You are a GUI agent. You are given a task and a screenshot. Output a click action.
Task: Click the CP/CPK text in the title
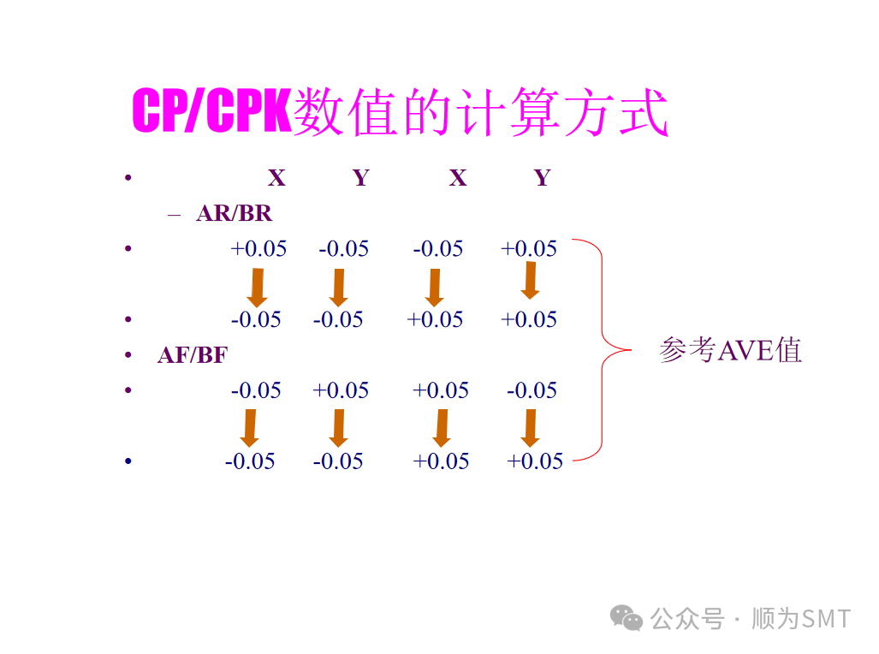(x=212, y=111)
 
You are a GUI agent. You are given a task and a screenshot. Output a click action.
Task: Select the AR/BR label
(x=234, y=213)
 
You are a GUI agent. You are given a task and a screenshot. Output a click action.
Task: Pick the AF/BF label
(x=193, y=354)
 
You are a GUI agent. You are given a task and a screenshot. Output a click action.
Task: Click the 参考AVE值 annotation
(x=730, y=350)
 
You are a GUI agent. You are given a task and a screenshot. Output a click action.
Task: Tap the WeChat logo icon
(x=628, y=618)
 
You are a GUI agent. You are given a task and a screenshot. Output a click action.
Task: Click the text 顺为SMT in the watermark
(x=801, y=618)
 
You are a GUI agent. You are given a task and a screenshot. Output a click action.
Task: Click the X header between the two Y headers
(x=458, y=178)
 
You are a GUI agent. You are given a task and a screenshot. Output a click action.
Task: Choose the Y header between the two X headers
(x=360, y=178)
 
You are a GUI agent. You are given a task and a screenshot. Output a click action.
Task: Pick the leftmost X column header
(x=276, y=178)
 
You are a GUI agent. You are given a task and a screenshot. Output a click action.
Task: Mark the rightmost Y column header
(x=542, y=178)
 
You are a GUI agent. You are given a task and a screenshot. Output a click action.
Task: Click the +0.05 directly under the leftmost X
(x=258, y=249)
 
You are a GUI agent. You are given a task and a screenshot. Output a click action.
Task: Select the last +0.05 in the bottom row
(x=535, y=461)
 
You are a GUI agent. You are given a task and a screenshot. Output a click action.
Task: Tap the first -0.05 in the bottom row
(x=250, y=461)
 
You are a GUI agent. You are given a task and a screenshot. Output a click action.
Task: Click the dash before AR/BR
(x=175, y=213)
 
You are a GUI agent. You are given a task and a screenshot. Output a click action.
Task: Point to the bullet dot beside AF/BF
(x=128, y=355)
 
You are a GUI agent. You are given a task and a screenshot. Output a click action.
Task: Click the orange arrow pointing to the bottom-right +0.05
(x=530, y=427)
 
